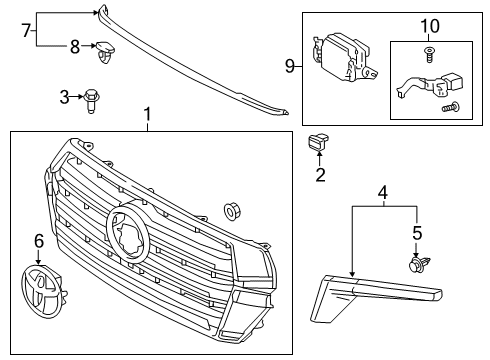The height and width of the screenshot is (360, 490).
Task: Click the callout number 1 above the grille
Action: click(x=147, y=117)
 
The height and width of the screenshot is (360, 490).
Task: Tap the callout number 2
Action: click(x=321, y=177)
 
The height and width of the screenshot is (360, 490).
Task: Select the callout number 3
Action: click(x=64, y=97)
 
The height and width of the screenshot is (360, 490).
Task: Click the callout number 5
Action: click(x=417, y=233)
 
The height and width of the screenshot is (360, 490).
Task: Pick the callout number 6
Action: click(x=39, y=240)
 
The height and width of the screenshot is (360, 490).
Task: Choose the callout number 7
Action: click(x=27, y=30)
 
